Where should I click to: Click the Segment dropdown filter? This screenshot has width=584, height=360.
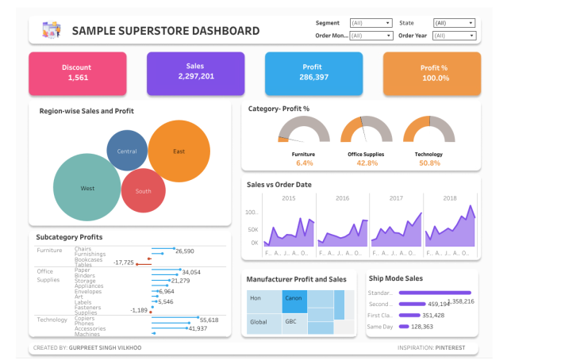371,24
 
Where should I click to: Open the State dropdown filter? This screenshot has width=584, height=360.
454,24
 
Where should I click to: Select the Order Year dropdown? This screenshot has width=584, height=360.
454,36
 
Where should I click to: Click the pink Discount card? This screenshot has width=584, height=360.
78,73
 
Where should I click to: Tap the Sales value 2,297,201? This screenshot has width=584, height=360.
195,77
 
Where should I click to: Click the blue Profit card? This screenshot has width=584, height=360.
313,73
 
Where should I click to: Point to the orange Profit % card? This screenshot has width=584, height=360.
431,73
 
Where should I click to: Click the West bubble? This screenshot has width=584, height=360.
87,188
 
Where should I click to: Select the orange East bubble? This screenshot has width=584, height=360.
179,151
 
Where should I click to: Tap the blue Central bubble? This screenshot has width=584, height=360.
127,151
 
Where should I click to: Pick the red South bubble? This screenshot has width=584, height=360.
143,191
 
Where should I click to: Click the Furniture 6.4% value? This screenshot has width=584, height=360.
305,163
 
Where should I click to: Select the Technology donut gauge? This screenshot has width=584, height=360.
429,131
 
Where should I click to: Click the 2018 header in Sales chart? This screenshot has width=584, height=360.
450,198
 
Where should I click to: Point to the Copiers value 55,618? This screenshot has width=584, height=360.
209,320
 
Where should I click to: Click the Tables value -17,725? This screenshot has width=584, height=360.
123,262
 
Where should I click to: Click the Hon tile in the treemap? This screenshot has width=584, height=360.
257,298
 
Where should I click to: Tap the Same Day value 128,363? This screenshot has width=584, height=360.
422,326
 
